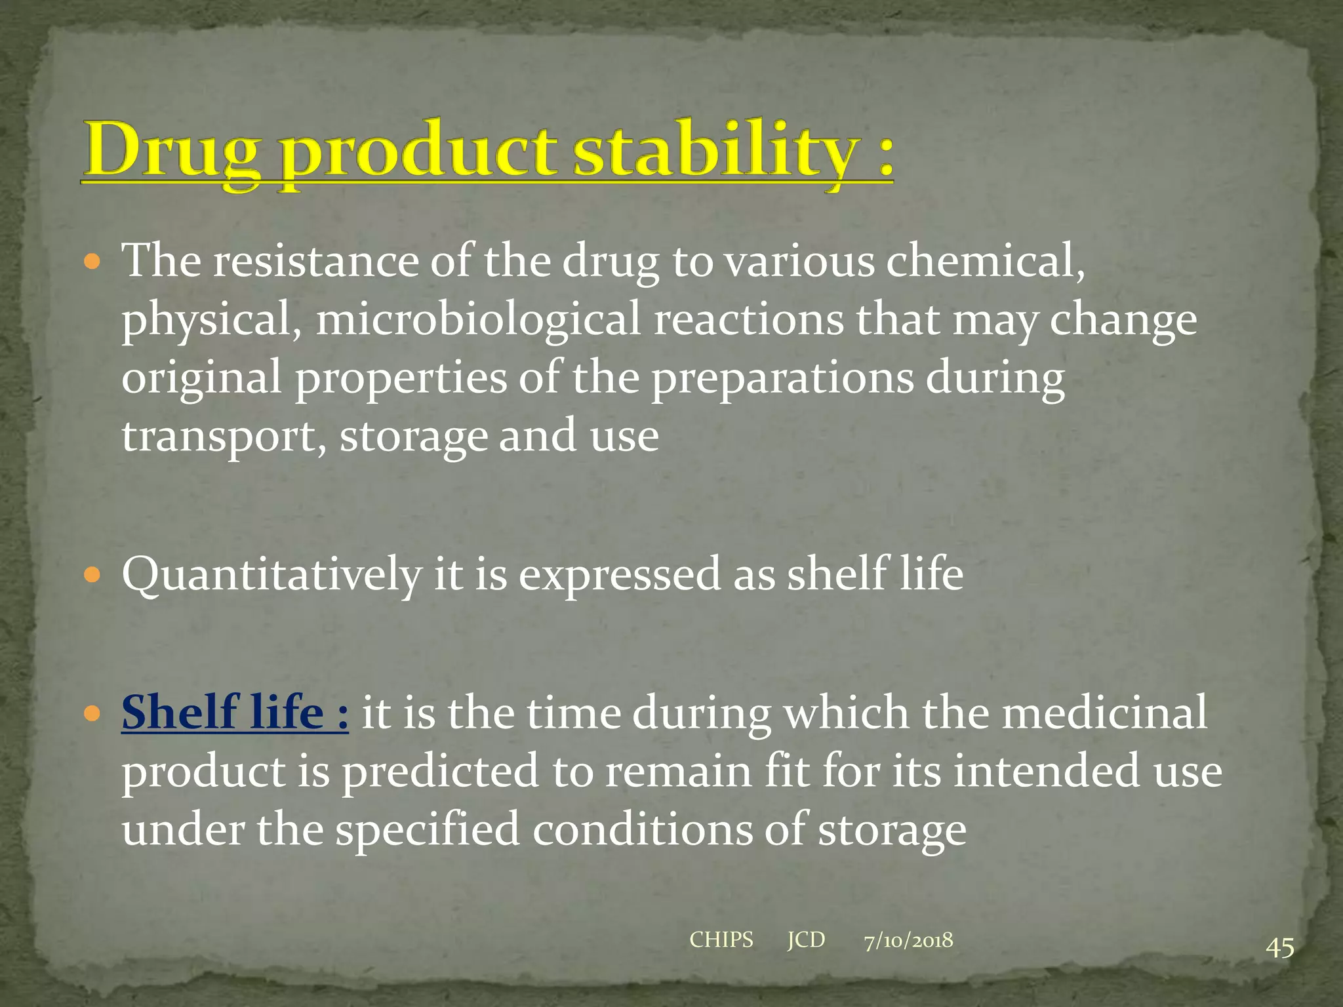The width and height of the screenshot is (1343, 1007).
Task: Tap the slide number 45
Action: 1279,948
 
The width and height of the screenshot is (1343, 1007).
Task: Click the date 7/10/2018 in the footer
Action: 908,941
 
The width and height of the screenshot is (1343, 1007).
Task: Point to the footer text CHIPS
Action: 721,940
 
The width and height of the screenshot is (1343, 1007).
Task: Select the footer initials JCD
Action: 806,940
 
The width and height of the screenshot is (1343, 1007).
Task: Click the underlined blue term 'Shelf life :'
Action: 235,713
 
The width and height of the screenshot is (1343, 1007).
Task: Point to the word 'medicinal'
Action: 1104,713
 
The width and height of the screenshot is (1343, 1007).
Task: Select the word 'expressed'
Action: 620,574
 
